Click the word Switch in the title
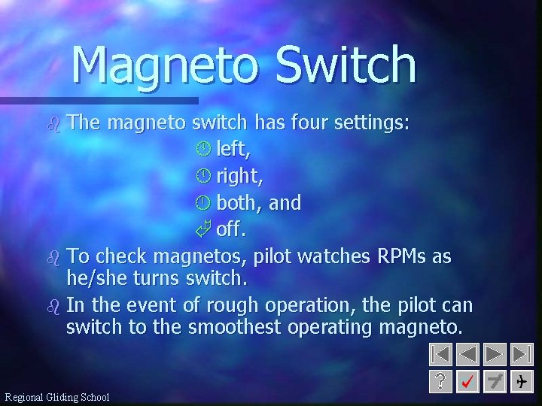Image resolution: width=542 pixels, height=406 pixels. pyautogui.click(x=346, y=65)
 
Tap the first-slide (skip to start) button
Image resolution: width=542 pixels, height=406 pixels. pyautogui.click(x=442, y=354)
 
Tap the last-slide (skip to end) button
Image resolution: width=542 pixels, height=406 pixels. pyautogui.click(x=521, y=354)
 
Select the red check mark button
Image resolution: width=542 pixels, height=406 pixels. pyautogui.click(x=468, y=382)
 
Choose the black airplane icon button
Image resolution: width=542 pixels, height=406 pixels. pyautogui.click(x=521, y=382)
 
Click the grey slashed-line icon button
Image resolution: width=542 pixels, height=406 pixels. pyautogui.click(x=495, y=382)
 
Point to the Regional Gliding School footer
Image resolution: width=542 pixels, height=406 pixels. pyautogui.click(x=57, y=397)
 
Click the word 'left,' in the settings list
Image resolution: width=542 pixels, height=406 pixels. pyautogui.click(x=234, y=150)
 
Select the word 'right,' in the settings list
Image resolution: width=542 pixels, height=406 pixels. pyautogui.click(x=239, y=177)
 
